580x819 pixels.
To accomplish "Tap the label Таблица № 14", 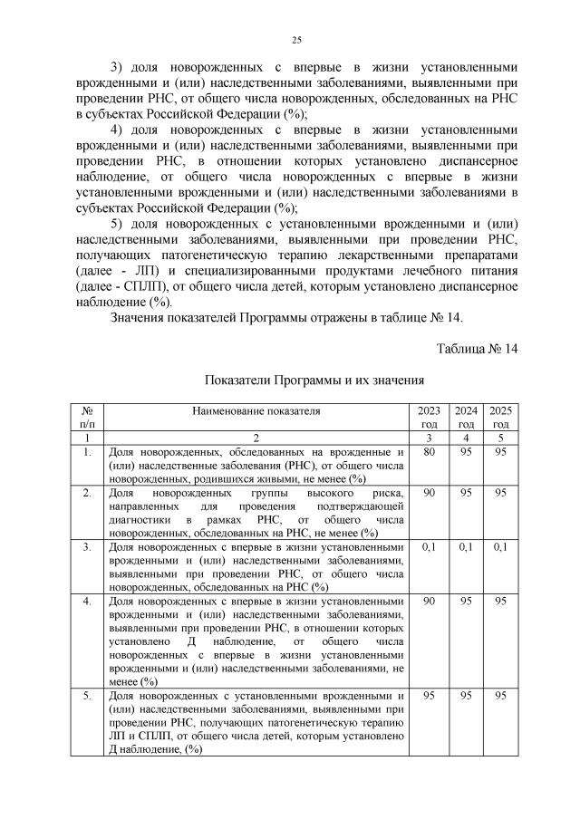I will (477, 349).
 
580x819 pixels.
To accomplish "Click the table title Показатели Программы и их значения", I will (314, 381).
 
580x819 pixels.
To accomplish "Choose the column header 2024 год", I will (465, 417).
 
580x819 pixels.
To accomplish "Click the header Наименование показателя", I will (256, 410).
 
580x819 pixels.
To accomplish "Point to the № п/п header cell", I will (87, 417).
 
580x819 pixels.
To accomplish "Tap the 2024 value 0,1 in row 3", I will (465, 547).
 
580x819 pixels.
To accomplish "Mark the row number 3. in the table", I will (87, 547).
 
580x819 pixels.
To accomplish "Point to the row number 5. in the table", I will (87, 695).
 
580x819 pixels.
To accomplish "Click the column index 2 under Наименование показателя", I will (256, 437).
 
